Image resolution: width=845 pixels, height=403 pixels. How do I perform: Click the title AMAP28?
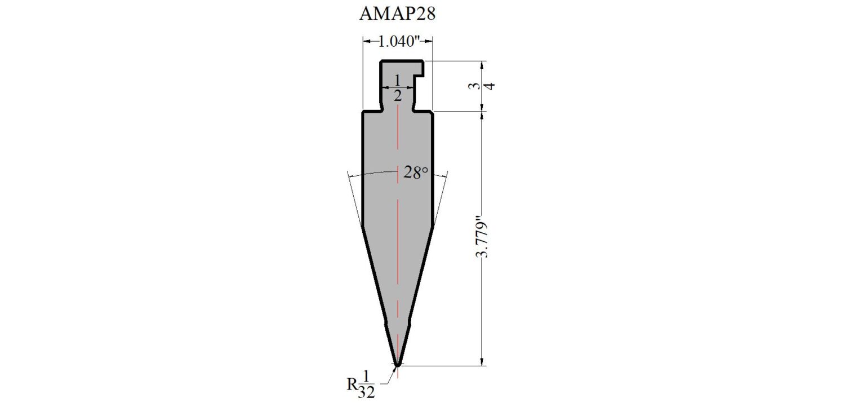[x=397, y=14]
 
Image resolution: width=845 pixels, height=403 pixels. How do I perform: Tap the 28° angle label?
[x=416, y=172]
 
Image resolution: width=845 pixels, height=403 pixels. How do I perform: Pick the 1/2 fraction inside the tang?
[x=398, y=87]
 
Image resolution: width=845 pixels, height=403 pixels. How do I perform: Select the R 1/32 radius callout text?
[x=361, y=384]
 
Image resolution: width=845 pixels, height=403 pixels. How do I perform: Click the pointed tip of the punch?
[x=397, y=365]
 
